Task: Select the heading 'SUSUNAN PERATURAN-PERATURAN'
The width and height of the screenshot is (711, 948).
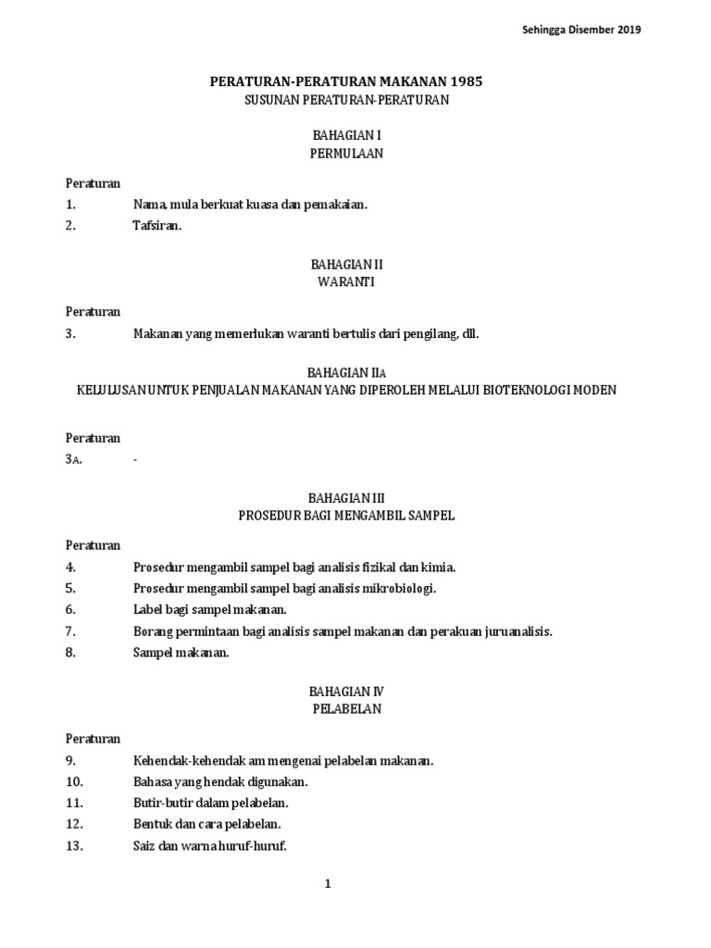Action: click(346, 100)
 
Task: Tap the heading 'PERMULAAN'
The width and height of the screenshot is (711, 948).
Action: click(346, 155)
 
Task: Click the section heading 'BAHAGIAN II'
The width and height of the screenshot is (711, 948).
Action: click(346, 264)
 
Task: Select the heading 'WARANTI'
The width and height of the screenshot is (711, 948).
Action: click(346, 281)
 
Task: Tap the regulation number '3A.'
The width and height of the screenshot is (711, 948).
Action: click(74, 460)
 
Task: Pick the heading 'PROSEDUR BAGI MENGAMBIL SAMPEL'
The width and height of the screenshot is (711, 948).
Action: click(346, 516)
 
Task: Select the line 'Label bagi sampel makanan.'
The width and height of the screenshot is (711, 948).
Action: click(210, 610)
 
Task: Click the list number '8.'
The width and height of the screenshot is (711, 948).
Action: click(70, 653)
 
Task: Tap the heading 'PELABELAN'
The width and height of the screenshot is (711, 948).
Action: click(346, 709)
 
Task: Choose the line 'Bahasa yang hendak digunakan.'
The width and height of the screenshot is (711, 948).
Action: click(220, 782)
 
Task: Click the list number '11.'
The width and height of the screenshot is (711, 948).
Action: click(74, 803)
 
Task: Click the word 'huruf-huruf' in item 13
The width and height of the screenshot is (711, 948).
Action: click(257, 845)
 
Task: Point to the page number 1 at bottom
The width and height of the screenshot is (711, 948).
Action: click(328, 884)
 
